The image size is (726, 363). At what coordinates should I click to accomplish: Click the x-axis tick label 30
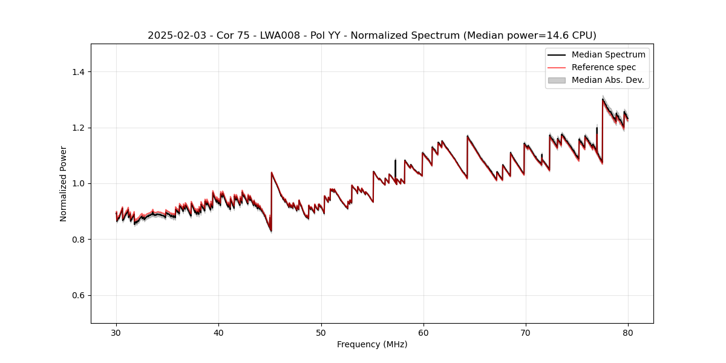click(116, 333)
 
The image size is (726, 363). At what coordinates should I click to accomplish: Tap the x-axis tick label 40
click(218, 333)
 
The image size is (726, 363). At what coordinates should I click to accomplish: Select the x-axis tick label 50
click(321, 333)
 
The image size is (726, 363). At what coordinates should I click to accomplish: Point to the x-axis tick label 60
click(423, 333)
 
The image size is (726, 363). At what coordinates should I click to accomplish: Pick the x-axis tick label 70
click(526, 333)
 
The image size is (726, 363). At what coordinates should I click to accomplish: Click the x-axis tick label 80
click(628, 333)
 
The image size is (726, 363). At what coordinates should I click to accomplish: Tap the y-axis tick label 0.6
click(79, 295)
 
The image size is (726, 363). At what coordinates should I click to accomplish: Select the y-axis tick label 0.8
click(79, 240)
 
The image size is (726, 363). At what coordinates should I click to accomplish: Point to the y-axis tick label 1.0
click(79, 183)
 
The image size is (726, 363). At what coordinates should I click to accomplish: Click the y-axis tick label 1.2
click(79, 128)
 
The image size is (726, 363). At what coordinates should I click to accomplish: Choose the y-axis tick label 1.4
click(79, 72)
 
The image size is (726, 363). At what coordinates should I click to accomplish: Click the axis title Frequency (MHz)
click(372, 345)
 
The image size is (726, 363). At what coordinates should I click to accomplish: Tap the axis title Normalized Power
click(64, 183)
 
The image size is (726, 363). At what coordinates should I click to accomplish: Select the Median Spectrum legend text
click(608, 54)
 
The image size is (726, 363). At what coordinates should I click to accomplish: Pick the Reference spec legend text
click(604, 67)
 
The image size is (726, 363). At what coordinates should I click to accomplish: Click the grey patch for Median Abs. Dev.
click(556, 80)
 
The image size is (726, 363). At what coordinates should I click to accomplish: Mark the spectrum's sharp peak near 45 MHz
click(272, 172)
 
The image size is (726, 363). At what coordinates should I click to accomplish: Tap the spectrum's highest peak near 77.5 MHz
click(603, 99)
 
